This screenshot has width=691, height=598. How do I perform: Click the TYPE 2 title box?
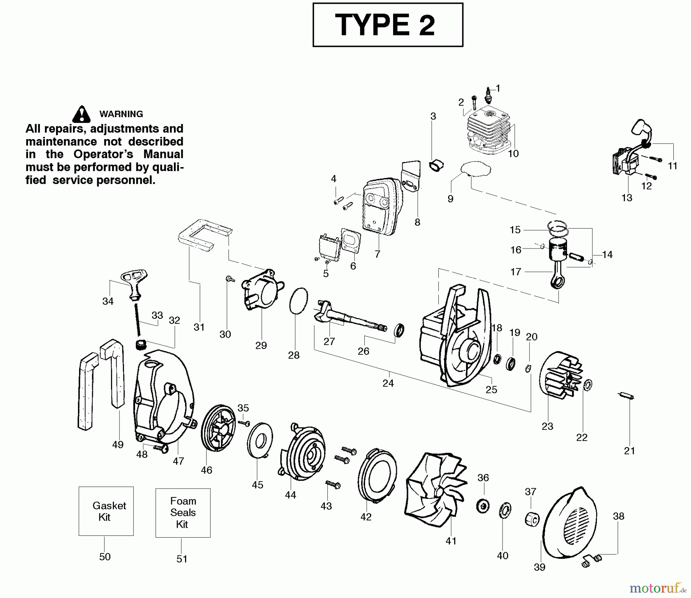tap(388, 25)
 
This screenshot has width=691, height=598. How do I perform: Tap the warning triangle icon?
tap(81, 114)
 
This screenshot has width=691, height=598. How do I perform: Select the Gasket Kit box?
tap(106, 511)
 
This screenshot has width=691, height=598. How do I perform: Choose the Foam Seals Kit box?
tap(183, 513)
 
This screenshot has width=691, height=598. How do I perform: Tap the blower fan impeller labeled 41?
tap(434, 488)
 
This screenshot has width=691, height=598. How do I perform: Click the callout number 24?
tap(388, 383)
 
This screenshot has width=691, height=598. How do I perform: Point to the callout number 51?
tap(182, 559)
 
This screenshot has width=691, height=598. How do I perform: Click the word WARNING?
tap(121, 114)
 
